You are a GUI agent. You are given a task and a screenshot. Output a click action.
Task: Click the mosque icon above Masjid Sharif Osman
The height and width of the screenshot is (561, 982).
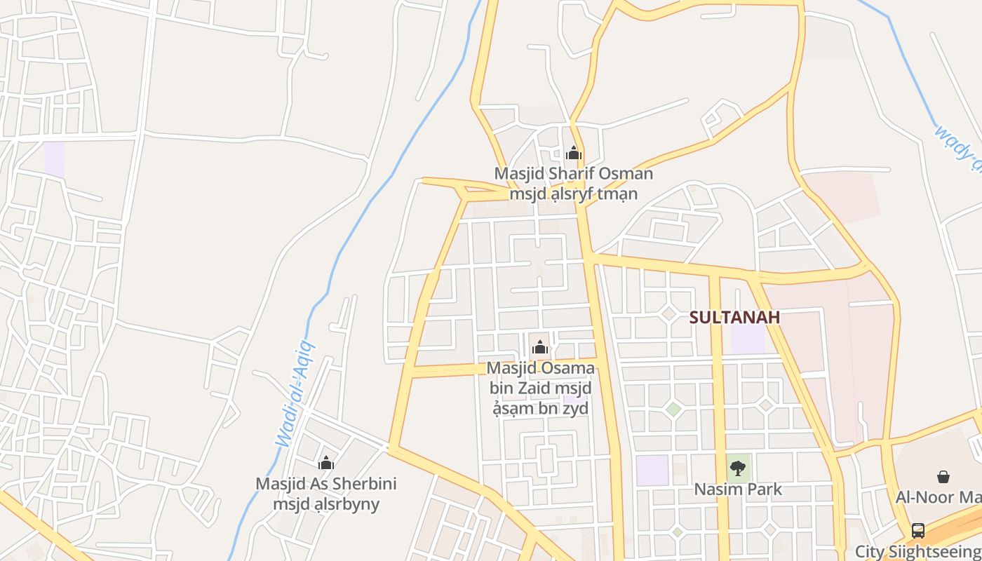[x=574, y=153]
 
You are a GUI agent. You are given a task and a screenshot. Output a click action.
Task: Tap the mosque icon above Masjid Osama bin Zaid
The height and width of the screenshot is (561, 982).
[x=539, y=347]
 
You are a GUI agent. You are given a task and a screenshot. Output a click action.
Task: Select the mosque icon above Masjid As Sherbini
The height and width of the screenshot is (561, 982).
[x=326, y=463]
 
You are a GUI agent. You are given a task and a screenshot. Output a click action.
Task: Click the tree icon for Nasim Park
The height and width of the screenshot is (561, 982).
[x=737, y=468]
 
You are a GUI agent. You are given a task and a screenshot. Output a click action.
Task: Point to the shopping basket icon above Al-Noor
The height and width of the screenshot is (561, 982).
[x=943, y=477]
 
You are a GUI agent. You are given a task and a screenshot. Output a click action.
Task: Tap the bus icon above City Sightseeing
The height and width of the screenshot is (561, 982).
[x=917, y=531]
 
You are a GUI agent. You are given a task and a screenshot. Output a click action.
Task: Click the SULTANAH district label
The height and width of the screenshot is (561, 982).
[x=734, y=317]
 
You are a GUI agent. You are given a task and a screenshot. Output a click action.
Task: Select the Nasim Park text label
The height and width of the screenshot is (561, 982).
[x=738, y=489]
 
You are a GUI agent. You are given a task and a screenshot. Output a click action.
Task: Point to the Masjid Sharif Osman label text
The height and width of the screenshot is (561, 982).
[x=573, y=173]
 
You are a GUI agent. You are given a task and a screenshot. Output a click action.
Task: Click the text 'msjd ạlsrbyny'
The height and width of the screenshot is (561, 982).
[x=325, y=504]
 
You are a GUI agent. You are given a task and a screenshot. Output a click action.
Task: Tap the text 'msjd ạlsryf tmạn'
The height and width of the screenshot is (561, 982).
[x=573, y=194]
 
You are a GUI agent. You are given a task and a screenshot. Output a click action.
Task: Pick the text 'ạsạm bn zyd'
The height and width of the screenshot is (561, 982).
[x=539, y=408]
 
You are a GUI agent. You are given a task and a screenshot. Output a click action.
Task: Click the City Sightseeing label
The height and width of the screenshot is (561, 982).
[x=917, y=551]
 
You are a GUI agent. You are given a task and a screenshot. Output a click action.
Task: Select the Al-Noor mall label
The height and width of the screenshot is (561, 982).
[x=938, y=497]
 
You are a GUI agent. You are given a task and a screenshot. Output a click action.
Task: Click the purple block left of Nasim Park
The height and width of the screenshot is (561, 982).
[x=652, y=470]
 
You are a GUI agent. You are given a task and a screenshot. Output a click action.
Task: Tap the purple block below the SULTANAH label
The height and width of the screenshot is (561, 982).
[x=748, y=339]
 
